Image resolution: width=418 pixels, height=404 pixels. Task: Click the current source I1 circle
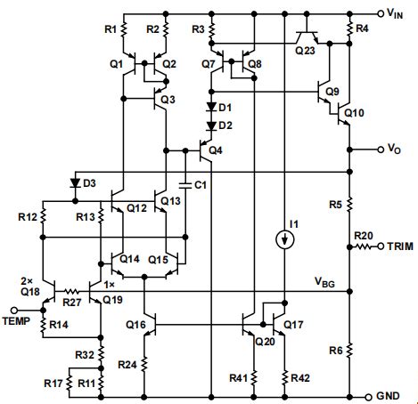(x=283, y=238)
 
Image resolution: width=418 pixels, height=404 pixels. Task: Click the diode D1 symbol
(x=211, y=109)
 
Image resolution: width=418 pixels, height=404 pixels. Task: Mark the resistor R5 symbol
(x=348, y=206)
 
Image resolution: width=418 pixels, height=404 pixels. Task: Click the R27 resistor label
(x=73, y=303)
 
